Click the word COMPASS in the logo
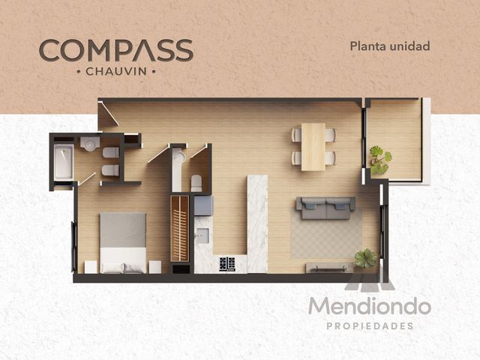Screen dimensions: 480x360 click(116, 50)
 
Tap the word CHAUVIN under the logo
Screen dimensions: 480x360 click(116, 72)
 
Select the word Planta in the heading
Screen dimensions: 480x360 click(368, 46)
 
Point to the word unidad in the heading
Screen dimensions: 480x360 click(410, 46)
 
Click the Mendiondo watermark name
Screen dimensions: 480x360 click(370, 306)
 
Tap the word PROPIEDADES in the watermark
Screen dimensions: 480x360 click(370, 326)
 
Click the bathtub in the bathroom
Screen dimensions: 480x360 click(64, 162)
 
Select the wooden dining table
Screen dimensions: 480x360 click(313, 147)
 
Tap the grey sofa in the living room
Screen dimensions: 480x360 click(325, 208)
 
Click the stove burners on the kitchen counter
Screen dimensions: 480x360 click(227, 264)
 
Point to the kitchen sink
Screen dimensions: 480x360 click(202, 235)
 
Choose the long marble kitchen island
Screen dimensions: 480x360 click(257, 223)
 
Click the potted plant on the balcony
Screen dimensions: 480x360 click(380, 160)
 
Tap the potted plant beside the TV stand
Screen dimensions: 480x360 click(366, 259)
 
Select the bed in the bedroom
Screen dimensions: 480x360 click(123, 243)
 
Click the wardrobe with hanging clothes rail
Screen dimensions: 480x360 click(180, 229)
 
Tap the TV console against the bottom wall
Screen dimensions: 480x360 click(329, 268)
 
